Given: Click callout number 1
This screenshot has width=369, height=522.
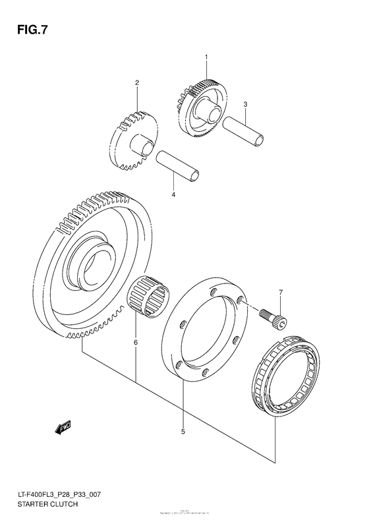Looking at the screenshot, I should (206, 59).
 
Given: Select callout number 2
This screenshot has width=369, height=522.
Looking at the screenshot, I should (137, 83).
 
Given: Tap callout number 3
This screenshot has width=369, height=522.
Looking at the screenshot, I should (245, 104).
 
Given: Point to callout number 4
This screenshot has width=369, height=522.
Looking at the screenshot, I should (173, 195).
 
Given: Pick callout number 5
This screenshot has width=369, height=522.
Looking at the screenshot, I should (183, 432).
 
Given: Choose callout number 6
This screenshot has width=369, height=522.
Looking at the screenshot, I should (136, 342).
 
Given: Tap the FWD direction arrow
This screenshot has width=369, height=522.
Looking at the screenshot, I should (63, 428).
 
